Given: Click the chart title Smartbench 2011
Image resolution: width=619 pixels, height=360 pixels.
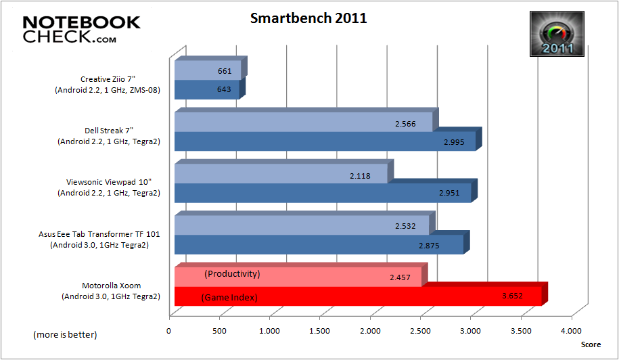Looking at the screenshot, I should (x=308, y=18).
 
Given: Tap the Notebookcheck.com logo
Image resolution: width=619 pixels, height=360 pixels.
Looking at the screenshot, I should (x=81, y=29).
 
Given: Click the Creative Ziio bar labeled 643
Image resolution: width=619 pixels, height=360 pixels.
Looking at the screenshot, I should (x=206, y=90).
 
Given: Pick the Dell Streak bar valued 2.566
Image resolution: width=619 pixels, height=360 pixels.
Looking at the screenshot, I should (x=303, y=122).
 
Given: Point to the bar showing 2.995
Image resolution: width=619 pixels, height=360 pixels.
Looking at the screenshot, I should (x=325, y=141).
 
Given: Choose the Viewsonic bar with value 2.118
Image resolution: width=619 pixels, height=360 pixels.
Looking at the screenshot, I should (x=281, y=174).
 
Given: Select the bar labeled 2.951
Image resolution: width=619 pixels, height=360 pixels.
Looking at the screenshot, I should (x=323, y=193).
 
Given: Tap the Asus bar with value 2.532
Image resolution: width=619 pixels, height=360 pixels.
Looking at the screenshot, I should (x=302, y=225).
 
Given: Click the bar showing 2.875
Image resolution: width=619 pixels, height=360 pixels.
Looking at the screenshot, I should (x=319, y=244).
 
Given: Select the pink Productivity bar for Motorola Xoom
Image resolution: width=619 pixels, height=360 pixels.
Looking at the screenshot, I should (x=298, y=276).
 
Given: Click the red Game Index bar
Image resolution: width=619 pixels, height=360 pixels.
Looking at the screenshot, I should (x=357, y=296).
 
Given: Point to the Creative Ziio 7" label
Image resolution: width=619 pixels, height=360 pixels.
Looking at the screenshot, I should (x=108, y=85).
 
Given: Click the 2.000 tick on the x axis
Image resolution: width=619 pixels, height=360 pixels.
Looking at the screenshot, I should (x=369, y=331).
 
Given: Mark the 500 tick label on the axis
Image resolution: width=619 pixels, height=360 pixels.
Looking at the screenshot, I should (x=219, y=331).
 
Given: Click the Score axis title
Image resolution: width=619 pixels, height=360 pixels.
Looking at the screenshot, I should (x=590, y=344).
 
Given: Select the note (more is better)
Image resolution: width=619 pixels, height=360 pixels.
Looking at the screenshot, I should (x=65, y=335).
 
